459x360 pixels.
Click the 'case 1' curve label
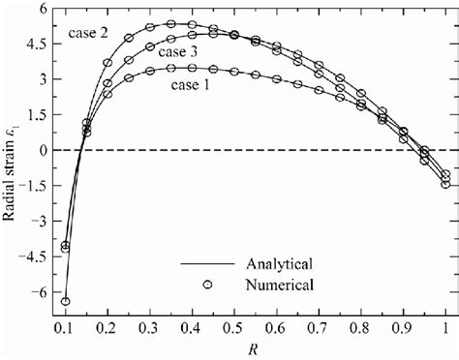195,84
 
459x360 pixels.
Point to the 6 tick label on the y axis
45,9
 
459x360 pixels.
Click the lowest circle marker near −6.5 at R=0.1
65,302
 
